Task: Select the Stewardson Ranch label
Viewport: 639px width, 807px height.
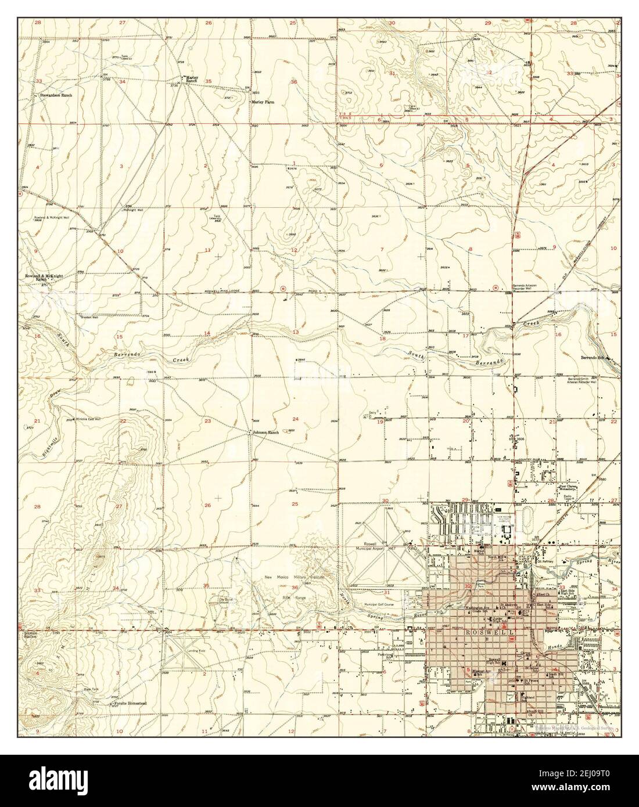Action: coord(56,94)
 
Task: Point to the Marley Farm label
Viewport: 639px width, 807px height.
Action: coord(263,102)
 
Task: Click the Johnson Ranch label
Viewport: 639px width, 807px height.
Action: coord(266,433)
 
